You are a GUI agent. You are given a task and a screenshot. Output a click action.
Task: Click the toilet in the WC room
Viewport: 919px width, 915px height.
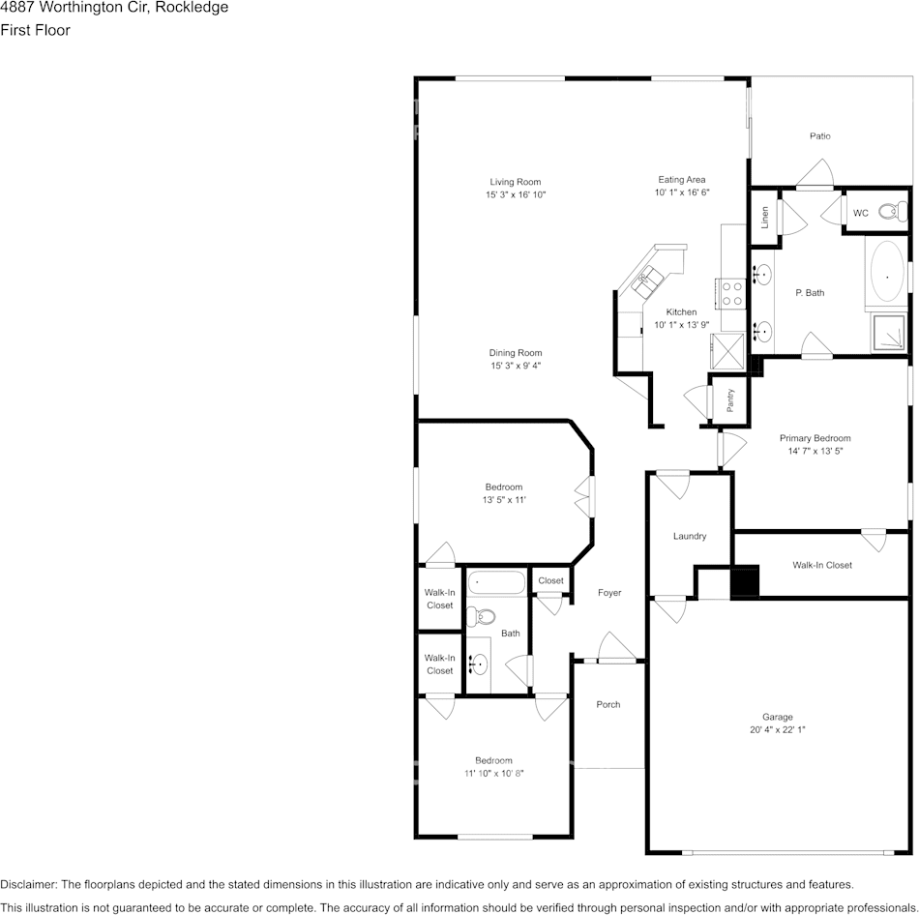click(x=893, y=211)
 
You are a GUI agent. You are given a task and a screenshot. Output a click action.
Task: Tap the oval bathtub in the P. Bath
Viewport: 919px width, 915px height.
click(x=887, y=272)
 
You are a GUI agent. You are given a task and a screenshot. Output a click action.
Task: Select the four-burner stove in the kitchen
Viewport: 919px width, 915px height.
click(x=732, y=294)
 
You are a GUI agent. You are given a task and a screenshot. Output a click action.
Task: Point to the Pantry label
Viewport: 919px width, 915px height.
click(x=730, y=400)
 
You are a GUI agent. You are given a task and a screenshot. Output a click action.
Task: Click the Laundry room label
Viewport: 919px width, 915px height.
click(x=689, y=536)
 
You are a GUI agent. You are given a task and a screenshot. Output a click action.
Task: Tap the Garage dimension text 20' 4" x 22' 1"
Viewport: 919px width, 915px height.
click(x=777, y=729)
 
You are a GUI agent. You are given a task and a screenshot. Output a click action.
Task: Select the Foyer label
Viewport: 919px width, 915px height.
click(x=609, y=593)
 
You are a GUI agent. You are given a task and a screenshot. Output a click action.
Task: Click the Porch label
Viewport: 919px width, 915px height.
click(x=608, y=704)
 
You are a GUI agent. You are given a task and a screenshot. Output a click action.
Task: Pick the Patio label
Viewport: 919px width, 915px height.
click(x=820, y=136)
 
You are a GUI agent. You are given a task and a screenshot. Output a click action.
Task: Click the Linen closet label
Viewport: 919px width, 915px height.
click(x=764, y=218)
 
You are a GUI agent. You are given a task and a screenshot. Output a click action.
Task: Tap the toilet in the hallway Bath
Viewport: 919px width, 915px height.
click(x=480, y=616)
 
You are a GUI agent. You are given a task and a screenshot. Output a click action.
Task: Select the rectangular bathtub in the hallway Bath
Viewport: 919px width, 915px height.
click(x=497, y=583)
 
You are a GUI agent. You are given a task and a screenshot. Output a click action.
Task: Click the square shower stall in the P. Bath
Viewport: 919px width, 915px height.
click(x=888, y=333)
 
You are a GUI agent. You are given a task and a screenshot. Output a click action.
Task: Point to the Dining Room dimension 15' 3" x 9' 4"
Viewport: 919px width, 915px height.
click(x=516, y=366)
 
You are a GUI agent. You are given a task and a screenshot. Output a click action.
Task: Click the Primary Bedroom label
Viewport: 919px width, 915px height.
click(x=815, y=438)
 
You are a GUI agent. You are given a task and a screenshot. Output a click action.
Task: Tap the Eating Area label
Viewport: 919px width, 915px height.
click(x=682, y=179)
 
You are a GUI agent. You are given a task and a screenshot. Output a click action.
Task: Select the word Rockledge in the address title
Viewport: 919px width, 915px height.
click(x=192, y=8)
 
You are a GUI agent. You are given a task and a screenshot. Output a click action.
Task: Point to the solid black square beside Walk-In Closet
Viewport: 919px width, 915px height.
click(x=744, y=580)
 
